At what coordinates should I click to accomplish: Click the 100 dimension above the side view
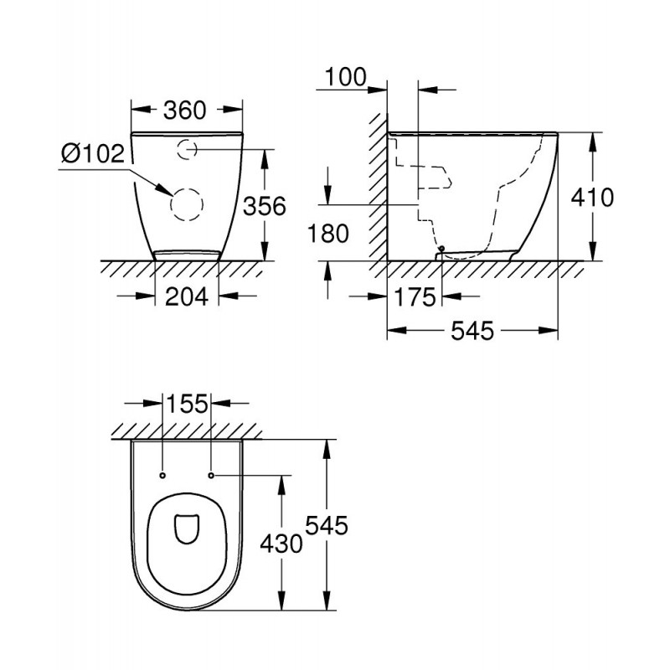coord(345,77)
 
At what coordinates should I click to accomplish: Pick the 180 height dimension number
coord(328,234)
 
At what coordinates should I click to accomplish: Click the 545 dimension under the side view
coord(468,331)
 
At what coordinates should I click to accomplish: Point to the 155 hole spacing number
coord(186,405)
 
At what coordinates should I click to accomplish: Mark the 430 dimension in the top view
coord(281,544)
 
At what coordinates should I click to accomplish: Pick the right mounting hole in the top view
coord(210,476)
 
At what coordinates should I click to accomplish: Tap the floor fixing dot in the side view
coord(441,250)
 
